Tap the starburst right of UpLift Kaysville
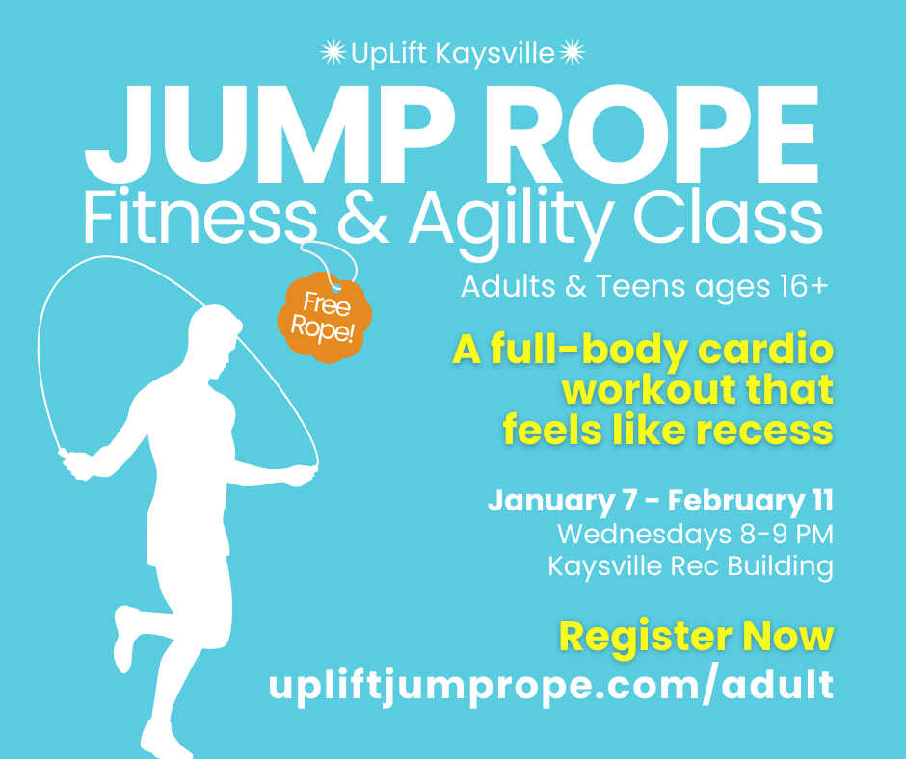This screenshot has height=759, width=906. point(573,53)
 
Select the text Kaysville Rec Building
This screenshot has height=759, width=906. point(690,565)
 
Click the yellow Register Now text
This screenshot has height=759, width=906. point(696,637)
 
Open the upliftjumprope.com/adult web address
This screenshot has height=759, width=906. point(550,685)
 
